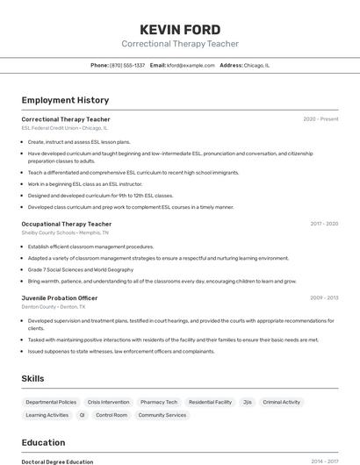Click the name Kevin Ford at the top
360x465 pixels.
pyautogui.click(x=180, y=29)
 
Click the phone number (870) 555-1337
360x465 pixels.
pyautogui.click(x=127, y=65)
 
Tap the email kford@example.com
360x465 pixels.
pyautogui.click(x=191, y=65)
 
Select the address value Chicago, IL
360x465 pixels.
pyautogui.click(x=256, y=65)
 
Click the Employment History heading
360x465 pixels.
pyautogui.click(x=65, y=100)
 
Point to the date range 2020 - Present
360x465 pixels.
pyautogui.click(x=320, y=118)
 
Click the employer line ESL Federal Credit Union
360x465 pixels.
pyautogui.click(x=64, y=128)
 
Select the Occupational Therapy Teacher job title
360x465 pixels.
pyautogui.click(x=67, y=224)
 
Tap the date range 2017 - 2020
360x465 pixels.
pyautogui.click(x=324, y=224)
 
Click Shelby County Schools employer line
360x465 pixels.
pyautogui.click(x=65, y=233)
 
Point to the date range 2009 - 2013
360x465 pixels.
pyautogui.click(x=324, y=297)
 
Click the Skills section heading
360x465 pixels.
pyautogui.click(x=33, y=378)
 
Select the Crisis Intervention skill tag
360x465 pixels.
pyautogui.click(x=108, y=402)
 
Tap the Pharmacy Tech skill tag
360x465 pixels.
pyautogui.click(x=159, y=402)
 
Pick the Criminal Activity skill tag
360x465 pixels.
pyautogui.click(x=282, y=402)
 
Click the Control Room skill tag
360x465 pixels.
pyautogui.click(x=112, y=415)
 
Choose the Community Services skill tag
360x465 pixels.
pyautogui.click(x=162, y=415)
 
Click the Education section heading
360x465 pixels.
pyautogui.click(x=44, y=442)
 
